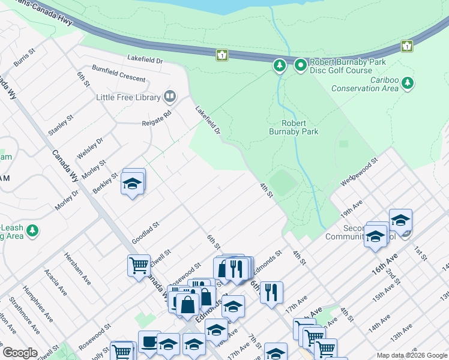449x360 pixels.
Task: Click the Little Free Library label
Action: point(128,97)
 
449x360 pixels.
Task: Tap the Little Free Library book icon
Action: point(170,97)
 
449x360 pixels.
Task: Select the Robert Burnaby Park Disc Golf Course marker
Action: point(300,64)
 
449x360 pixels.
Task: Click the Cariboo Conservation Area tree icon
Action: point(408,82)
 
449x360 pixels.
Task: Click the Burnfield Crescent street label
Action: point(118,74)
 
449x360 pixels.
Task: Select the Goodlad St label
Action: point(145,233)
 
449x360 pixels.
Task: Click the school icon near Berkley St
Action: point(133,184)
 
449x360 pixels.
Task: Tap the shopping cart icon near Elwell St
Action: point(139,265)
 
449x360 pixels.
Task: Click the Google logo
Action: point(20,353)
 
